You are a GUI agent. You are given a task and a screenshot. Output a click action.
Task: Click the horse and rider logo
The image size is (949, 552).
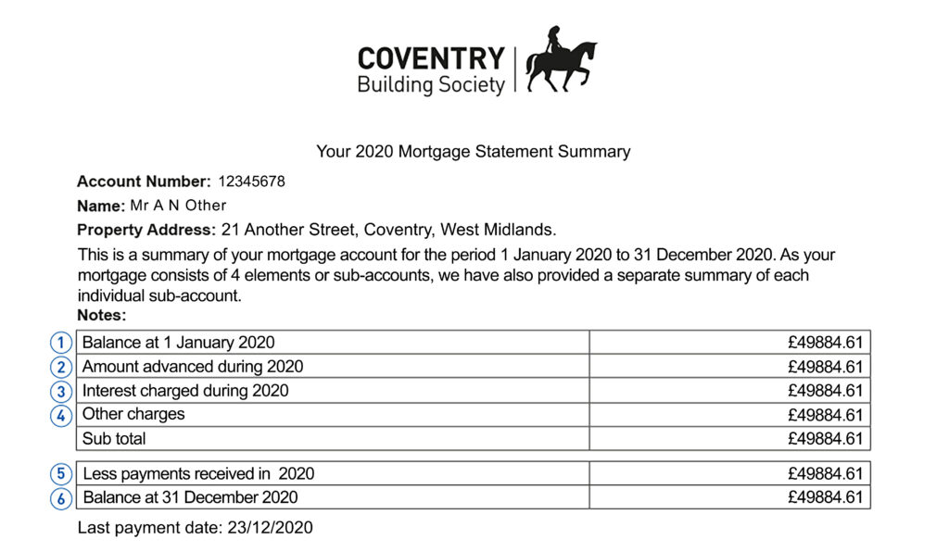point(562,61)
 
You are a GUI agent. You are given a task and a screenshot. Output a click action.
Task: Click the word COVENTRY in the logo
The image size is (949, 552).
point(431,58)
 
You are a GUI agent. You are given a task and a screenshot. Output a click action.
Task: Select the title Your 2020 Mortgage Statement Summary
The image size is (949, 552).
point(474,152)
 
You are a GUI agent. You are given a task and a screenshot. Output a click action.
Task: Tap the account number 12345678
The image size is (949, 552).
point(251,182)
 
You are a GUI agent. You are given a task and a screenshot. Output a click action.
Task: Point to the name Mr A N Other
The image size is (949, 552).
point(178,206)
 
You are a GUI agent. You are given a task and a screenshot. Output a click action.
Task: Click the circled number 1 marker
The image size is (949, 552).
point(61,343)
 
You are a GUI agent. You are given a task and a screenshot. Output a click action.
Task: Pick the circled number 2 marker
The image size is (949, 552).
point(61,367)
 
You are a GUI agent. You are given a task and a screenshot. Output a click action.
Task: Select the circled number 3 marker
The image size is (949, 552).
point(61,391)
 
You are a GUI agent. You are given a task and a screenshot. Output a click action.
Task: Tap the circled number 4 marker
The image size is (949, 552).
point(61,415)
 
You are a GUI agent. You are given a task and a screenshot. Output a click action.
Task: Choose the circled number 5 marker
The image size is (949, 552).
point(61,474)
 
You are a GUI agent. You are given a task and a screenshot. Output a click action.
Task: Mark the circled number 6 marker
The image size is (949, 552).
point(61,498)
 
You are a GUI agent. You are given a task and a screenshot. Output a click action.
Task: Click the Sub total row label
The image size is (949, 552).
point(114,439)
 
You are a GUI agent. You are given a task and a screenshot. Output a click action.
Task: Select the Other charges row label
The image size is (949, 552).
point(133,414)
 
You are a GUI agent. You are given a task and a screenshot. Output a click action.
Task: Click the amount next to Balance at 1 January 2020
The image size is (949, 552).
point(825,343)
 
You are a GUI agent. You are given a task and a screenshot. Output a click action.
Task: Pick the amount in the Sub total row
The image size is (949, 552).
point(825,439)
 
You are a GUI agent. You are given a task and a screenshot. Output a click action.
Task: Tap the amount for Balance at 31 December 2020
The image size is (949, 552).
point(825,498)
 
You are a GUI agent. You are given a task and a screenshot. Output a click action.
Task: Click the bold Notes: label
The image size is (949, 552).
point(102,316)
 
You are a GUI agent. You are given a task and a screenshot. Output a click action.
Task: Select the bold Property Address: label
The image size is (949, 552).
point(146,230)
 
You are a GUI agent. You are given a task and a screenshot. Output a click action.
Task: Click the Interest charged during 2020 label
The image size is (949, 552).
point(185,391)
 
